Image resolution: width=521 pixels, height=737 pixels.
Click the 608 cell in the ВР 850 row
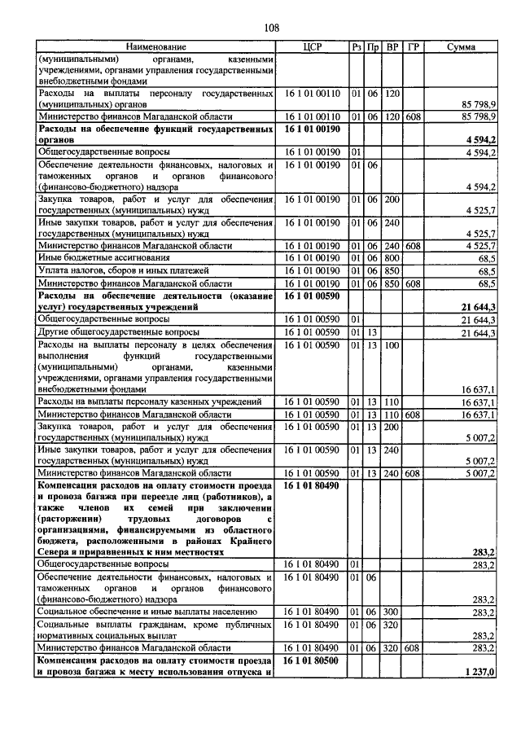(413, 283)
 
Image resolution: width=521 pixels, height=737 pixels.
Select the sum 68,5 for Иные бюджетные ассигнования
(487, 258)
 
